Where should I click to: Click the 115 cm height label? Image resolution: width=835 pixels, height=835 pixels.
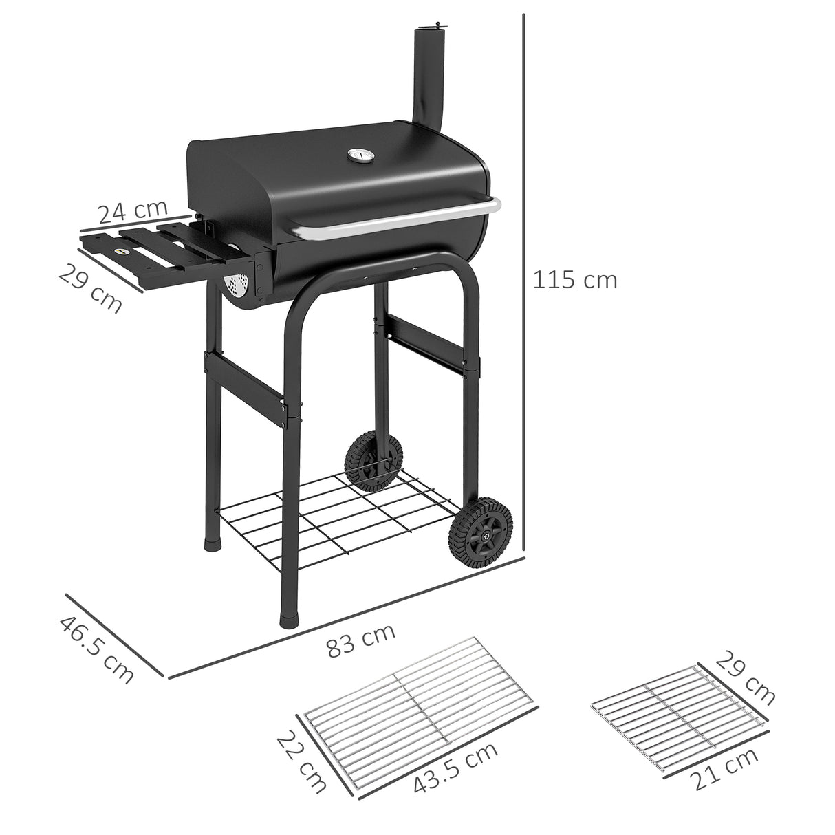pos(575,280)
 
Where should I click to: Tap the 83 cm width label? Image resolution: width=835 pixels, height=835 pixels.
pos(360,640)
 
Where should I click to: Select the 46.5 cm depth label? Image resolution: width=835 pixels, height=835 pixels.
pos(96,649)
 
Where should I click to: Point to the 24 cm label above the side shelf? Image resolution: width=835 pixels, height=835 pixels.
pos(132,211)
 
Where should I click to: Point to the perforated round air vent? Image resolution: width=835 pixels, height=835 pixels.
pos(237,286)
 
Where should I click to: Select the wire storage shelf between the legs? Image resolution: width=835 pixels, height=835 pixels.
pos(337,516)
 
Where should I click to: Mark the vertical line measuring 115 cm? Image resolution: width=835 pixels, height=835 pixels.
pos(524,275)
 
